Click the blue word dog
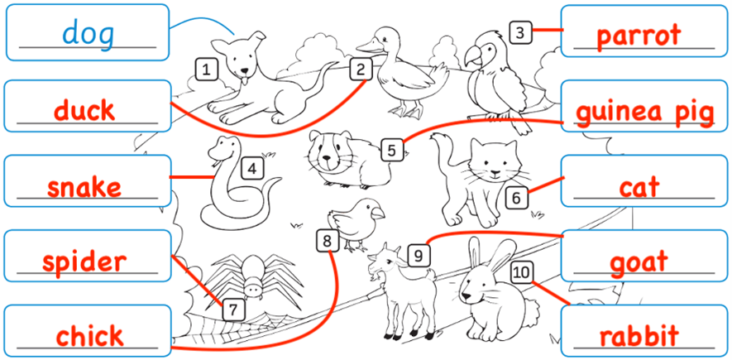(x=89, y=35)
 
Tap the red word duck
(x=84, y=111)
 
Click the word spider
(x=84, y=262)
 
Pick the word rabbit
(x=639, y=336)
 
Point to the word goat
(x=639, y=262)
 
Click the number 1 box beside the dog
(x=206, y=70)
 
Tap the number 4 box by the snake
(x=252, y=169)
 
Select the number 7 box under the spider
(x=234, y=310)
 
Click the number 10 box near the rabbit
(x=522, y=272)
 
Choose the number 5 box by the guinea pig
(x=392, y=151)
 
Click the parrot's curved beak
(x=471, y=57)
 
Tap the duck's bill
(x=367, y=46)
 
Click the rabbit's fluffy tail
(x=531, y=310)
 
